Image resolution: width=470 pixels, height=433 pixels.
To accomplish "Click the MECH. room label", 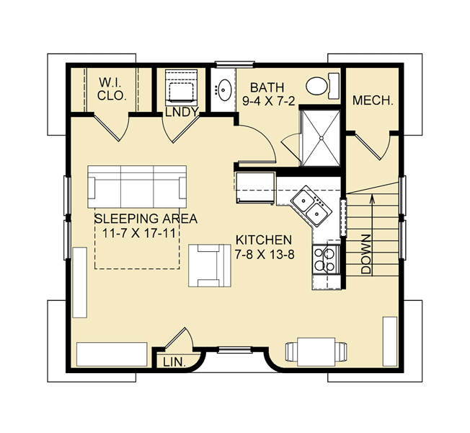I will tap(373, 102).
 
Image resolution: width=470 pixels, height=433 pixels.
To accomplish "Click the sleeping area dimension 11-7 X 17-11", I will tap(136, 232).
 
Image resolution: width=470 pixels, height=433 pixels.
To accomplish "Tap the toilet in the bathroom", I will tap(319, 85).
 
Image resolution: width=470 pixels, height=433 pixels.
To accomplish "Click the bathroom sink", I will tap(223, 90).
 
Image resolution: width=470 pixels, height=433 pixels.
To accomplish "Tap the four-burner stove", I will tap(325, 258).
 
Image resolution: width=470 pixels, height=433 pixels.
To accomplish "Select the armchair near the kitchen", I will tap(210, 264).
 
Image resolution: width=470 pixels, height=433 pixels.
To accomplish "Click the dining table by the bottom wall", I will tap(314, 351).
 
